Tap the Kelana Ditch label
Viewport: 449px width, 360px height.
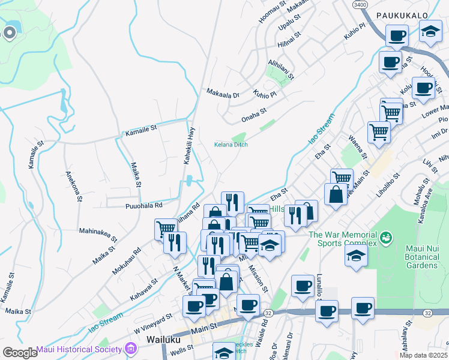(231, 145)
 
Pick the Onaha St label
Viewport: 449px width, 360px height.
(254, 112)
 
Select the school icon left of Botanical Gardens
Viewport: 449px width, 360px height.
(356, 255)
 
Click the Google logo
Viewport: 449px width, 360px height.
(20, 352)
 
